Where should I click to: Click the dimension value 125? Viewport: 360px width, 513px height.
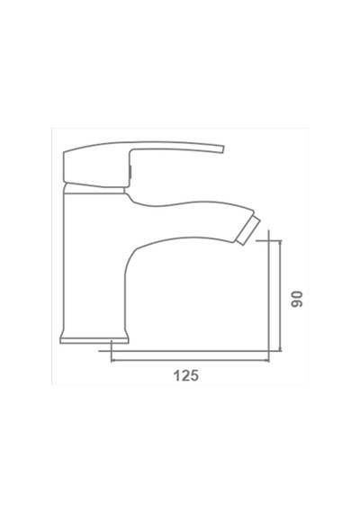click(x=186, y=375)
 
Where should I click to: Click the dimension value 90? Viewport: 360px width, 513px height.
click(x=297, y=299)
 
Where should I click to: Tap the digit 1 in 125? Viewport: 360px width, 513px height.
click(x=176, y=375)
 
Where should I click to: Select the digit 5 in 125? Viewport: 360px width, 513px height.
click(x=194, y=375)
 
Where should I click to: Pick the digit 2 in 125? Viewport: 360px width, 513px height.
click(x=185, y=375)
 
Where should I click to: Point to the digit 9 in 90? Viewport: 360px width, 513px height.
click(x=297, y=303)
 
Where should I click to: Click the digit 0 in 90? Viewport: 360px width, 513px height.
click(x=297, y=295)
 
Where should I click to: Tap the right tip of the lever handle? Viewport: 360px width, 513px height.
click(x=224, y=148)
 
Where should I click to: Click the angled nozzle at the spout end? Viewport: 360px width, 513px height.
click(x=249, y=229)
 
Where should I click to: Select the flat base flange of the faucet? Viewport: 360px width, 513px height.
click(x=94, y=339)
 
